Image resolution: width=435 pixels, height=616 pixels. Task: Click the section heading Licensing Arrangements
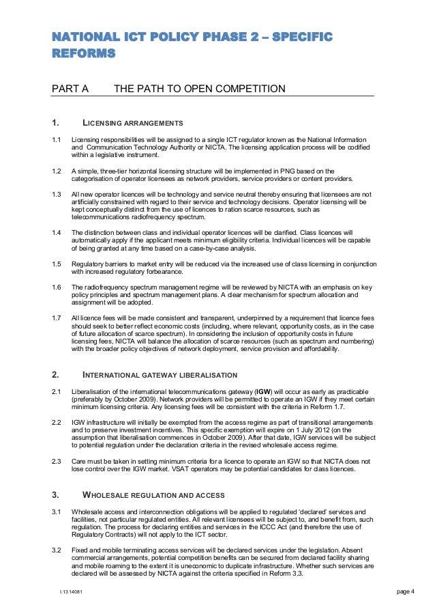[x=132, y=123]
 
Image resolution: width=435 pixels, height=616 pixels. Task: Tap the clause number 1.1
[x=57, y=140]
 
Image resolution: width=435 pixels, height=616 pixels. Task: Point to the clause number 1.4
[x=57, y=234]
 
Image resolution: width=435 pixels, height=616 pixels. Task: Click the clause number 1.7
[x=57, y=318]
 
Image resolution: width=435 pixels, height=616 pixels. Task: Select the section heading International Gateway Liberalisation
[x=160, y=375]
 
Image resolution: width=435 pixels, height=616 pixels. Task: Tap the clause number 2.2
[x=57, y=423]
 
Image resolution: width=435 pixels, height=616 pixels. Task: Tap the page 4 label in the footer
[x=406, y=591]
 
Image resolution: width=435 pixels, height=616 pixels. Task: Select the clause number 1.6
[x=57, y=287]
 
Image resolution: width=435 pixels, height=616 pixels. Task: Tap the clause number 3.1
[x=57, y=512]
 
